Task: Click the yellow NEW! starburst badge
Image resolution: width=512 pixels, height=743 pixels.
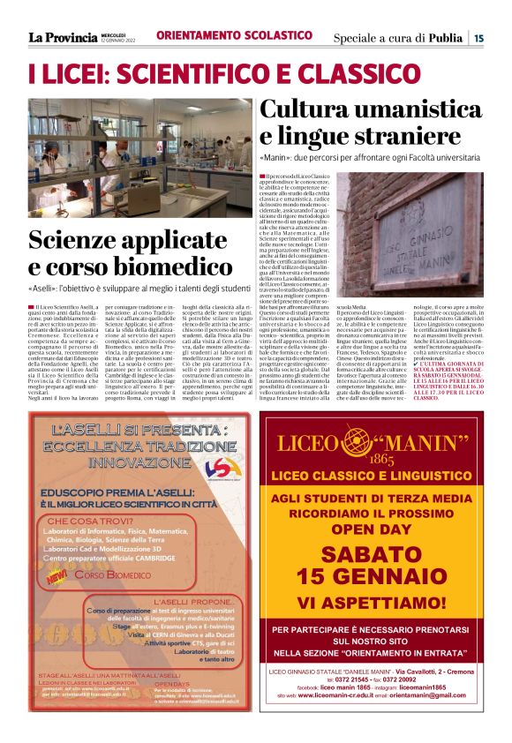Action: point(60,574)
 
